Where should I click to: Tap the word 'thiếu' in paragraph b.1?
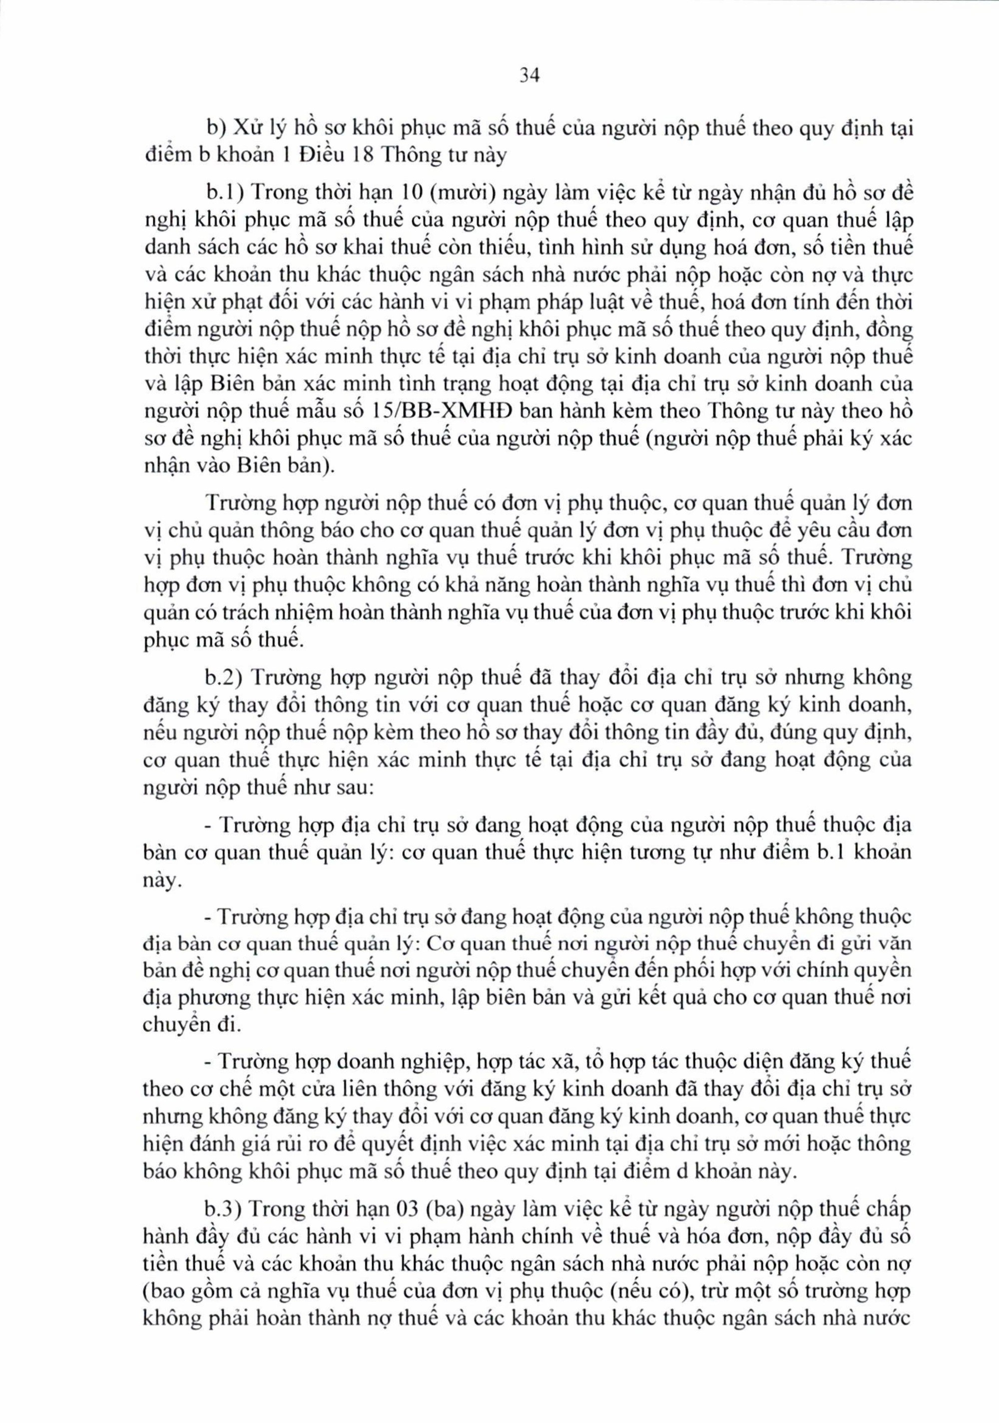[x=473, y=249]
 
